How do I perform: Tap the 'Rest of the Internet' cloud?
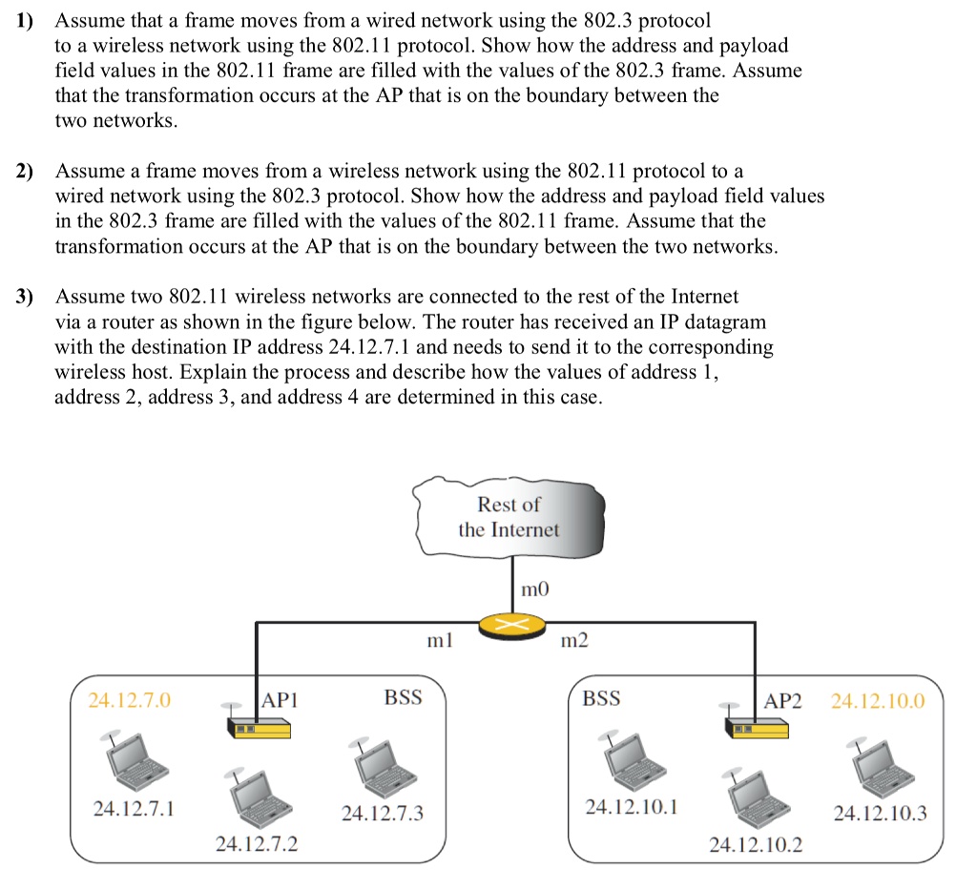point(509,517)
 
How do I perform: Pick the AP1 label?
point(281,699)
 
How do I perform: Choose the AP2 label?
point(783,700)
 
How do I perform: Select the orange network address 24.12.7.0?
point(130,701)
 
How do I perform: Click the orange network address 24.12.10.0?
point(878,701)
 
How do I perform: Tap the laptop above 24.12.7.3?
point(382,763)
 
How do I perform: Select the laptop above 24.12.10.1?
point(631,758)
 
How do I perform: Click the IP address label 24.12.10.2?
point(756,843)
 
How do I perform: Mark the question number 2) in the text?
point(24,172)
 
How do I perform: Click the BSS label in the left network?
point(403,698)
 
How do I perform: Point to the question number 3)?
point(24,297)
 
